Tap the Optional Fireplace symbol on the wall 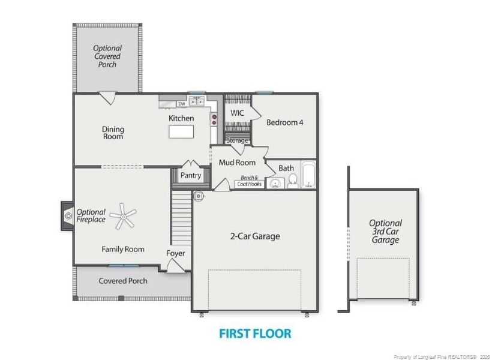point(65,216)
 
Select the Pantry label point(191,176)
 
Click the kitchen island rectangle point(181,131)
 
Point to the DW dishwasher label point(181,103)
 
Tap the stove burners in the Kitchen point(213,120)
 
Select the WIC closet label point(237,113)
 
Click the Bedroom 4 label point(285,122)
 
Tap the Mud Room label point(237,163)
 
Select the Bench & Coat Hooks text point(249,181)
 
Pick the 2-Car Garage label point(255,236)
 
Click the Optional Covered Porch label point(107,56)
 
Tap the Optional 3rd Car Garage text point(385,232)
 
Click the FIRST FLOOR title point(255,334)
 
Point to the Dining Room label point(113,133)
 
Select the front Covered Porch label point(123,281)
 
